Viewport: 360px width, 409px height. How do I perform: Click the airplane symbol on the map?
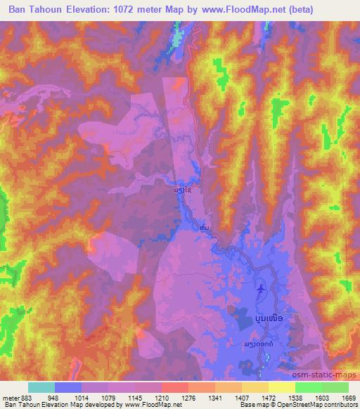pos(262,288)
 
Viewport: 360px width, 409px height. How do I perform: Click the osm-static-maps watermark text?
pos(325,376)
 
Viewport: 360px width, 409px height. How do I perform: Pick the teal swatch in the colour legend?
pos(41,387)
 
